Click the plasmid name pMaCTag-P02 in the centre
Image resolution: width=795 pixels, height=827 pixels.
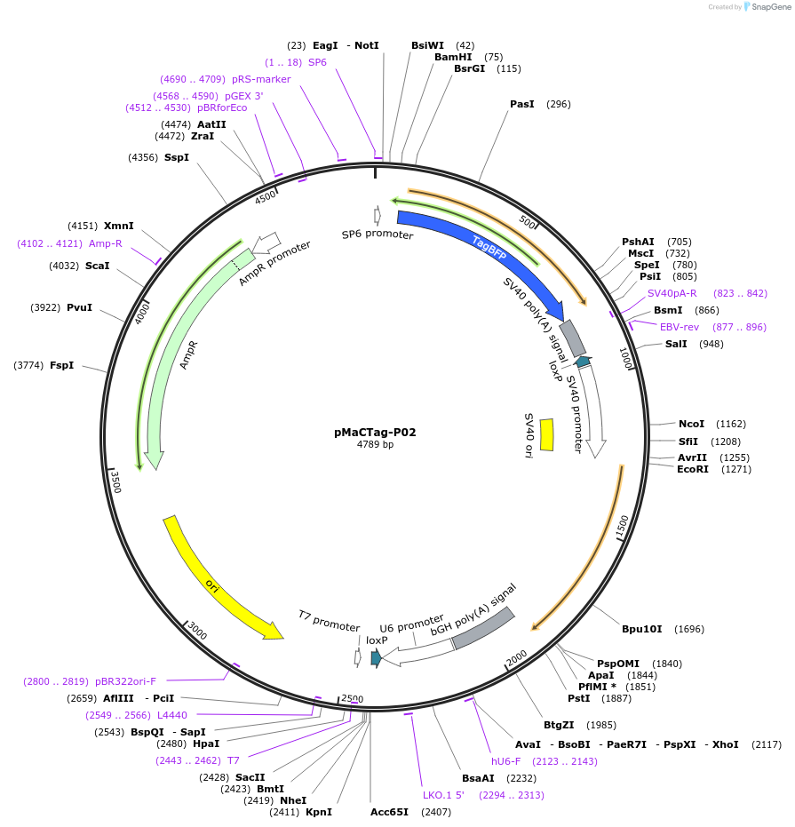point(375,433)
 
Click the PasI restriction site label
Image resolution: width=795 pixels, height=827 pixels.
point(522,104)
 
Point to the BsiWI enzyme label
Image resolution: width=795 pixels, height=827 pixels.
point(427,45)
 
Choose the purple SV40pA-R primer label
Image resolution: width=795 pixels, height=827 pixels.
point(672,293)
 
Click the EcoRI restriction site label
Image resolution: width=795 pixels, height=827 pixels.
point(693,469)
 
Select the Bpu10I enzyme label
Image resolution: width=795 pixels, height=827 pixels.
point(641,629)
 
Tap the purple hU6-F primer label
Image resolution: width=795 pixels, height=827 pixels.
point(507,761)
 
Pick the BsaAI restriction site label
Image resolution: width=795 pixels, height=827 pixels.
point(478,777)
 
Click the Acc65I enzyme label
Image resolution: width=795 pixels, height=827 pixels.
point(389,811)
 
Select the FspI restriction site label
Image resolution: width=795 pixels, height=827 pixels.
point(61,365)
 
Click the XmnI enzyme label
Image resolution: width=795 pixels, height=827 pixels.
point(118,226)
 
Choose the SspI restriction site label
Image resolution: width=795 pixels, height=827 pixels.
point(176,157)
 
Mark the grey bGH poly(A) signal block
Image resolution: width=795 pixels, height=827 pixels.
point(483,627)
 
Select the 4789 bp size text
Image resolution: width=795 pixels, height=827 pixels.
point(375,445)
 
